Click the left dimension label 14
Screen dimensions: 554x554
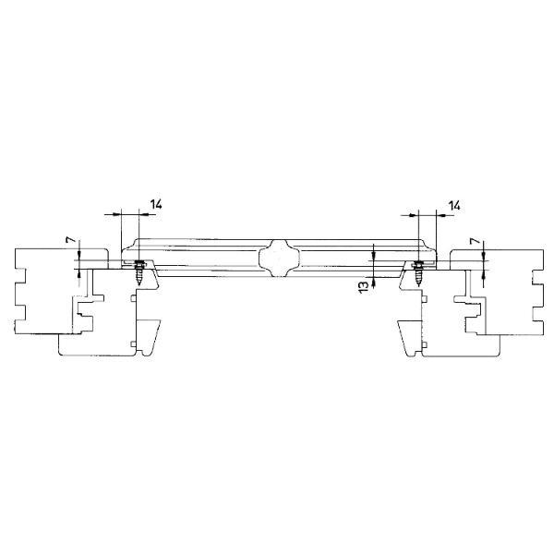pyautogui.click(x=156, y=204)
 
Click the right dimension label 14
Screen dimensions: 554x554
pyautogui.click(x=454, y=205)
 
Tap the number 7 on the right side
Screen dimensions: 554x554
pyautogui.click(x=476, y=242)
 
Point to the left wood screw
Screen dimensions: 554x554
pyautogui.click(x=139, y=272)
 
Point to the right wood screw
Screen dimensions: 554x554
pyautogui.click(x=418, y=272)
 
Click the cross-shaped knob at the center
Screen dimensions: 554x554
pyautogui.click(x=279, y=258)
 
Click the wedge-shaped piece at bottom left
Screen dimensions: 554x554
pyautogui.click(x=149, y=337)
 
